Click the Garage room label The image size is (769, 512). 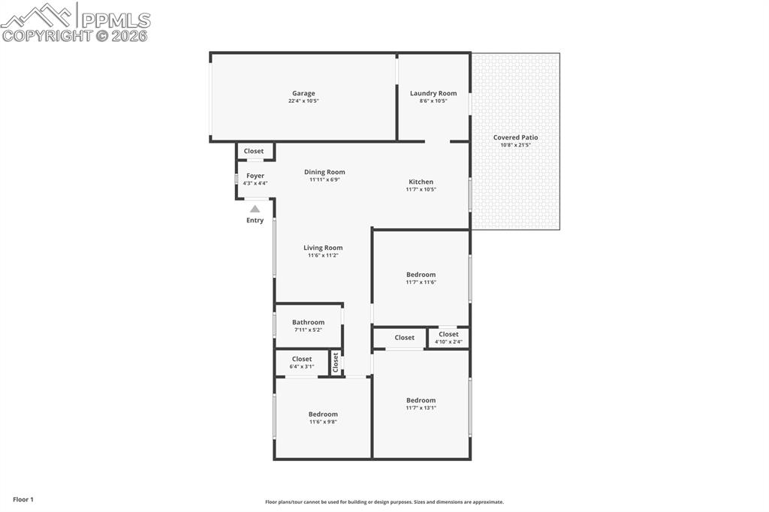pyautogui.click(x=303, y=94)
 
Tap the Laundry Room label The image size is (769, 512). pyautogui.click(x=433, y=94)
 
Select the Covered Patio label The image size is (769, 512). pyautogui.click(x=515, y=137)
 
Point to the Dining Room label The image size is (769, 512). pyautogui.click(x=324, y=172)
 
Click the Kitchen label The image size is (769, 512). pyautogui.click(x=421, y=182)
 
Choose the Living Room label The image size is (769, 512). pyautogui.click(x=323, y=248)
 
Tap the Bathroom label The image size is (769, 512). pyautogui.click(x=308, y=322)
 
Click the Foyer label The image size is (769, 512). pyautogui.click(x=255, y=176)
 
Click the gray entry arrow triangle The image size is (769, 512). pyautogui.click(x=255, y=209)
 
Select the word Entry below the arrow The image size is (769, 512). pyautogui.click(x=255, y=221)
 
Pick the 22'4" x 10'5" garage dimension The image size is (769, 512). pyautogui.click(x=303, y=101)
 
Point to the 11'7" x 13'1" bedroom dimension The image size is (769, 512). pyautogui.click(x=421, y=408)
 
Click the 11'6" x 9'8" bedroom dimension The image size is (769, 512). pyautogui.click(x=323, y=422)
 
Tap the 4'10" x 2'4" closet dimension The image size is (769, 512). pyautogui.click(x=448, y=342)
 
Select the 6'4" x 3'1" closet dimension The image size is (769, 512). pyautogui.click(x=302, y=366)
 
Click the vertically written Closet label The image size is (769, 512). pyautogui.click(x=336, y=363)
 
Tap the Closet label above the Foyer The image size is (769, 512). pyautogui.click(x=254, y=151)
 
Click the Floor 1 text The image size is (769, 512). pyautogui.click(x=23, y=499)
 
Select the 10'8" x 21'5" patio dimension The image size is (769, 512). pyautogui.click(x=515, y=145)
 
